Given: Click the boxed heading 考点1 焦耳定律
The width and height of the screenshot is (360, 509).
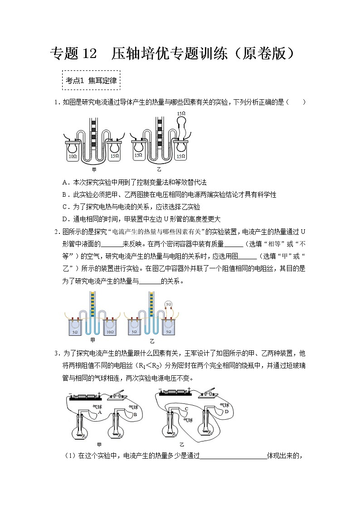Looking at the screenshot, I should click(91, 81).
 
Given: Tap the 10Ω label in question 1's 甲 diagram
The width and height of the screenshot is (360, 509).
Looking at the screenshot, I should click(72, 156).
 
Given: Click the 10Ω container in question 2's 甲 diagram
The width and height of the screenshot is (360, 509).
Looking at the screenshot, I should click(109, 327).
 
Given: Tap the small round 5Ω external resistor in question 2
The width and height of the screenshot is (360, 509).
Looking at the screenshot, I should click(169, 304).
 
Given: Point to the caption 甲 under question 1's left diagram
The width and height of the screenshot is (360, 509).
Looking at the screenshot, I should click(94, 170).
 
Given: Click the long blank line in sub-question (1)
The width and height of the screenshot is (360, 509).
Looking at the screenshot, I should click(234, 456).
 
